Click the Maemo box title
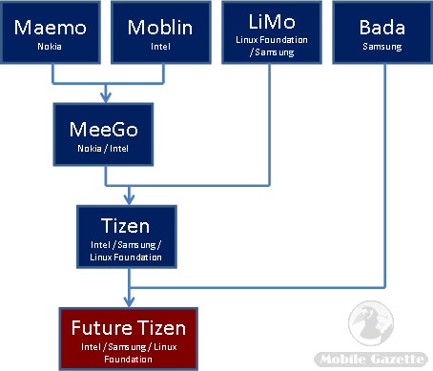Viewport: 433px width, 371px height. tap(53, 28)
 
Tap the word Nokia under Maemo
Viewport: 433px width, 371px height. tap(53, 45)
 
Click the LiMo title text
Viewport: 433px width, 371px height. tap(270, 20)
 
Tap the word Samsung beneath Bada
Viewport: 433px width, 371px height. tap(382, 46)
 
